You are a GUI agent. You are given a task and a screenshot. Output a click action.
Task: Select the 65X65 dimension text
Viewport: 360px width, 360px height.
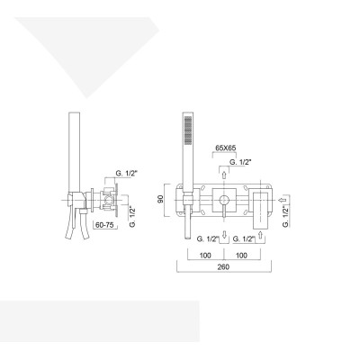pos(226,148)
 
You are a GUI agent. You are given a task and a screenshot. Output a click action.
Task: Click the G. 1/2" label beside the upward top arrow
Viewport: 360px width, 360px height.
pos(240,160)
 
